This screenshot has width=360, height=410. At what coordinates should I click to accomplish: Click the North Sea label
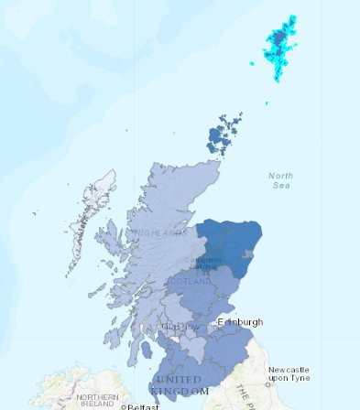[x=281, y=179]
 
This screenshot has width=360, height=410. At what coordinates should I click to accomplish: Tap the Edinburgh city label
[x=240, y=322]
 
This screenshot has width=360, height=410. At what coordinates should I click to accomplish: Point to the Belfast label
[x=143, y=406]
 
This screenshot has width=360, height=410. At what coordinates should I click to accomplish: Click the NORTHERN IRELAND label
[x=97, y=400]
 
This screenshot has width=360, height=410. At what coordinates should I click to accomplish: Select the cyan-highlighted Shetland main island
[x=281, y=41]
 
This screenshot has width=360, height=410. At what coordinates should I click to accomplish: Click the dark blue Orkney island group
[x=223, y=136]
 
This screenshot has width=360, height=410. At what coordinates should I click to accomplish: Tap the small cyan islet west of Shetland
[x=253, y=63]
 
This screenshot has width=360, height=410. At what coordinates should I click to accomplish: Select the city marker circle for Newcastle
[x=268, y=385]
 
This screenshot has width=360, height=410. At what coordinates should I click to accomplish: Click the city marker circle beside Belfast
[x=125, y=406]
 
